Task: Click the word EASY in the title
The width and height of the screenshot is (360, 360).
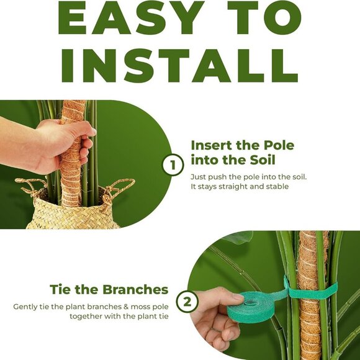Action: (131, 17)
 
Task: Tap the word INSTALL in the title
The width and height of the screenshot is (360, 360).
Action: (180, 66)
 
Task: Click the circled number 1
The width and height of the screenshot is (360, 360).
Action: (173, 165)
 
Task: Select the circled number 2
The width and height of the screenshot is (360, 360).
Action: (187, 302)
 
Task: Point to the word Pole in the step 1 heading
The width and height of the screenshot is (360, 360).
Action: (279, 145)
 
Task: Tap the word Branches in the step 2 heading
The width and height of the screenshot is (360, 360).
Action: (135, 289)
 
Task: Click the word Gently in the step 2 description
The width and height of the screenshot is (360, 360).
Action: (25, 307)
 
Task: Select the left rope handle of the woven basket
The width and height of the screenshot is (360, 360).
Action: (29, 187)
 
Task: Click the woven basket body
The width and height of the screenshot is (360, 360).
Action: (73, 215)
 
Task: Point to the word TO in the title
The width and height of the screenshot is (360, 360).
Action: (264, 17)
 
